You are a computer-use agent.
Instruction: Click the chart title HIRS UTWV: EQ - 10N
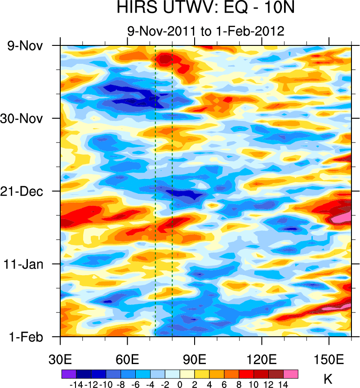(205, 9)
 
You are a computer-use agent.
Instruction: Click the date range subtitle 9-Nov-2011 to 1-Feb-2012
(205, 31)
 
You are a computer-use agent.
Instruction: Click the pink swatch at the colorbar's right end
(291, 374)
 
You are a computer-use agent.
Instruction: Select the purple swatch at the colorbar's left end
(69, 374)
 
